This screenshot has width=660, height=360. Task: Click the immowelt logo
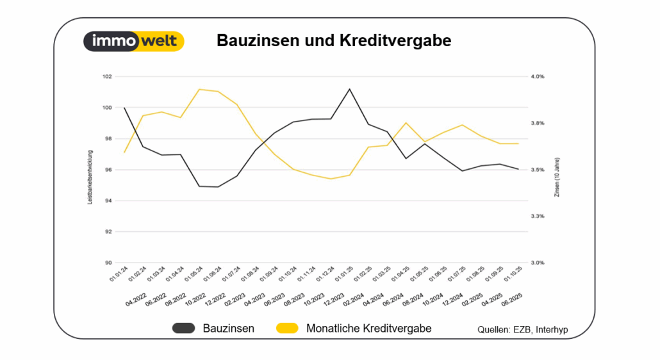pos(134,42)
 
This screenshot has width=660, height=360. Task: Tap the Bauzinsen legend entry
pos(213,329)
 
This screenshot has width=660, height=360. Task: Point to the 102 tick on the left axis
pos(107,76)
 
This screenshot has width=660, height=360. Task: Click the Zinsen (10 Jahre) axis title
pos(557,177)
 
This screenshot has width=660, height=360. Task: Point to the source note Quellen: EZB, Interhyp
pos(523,330)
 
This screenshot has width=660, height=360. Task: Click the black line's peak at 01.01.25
pos(349,89)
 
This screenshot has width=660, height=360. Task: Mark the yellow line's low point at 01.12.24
pos(331,179)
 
